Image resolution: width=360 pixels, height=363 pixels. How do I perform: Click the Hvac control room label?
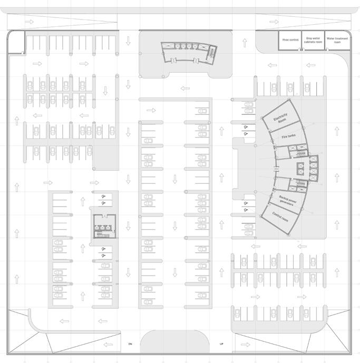click(290, 40)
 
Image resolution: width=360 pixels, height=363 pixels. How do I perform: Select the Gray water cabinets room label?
click(314, 40)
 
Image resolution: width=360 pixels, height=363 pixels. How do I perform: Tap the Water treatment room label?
click(337, 40)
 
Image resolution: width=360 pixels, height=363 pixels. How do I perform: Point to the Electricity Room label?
click(280, 119)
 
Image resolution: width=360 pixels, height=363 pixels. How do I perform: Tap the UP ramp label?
click(221, 344)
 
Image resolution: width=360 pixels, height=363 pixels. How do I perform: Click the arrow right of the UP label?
click(244, 345)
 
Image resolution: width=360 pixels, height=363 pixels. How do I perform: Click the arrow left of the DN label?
click(108, 345)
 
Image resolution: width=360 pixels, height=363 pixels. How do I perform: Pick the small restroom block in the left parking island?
click(104, 226)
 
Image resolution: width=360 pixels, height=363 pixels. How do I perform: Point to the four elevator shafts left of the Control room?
click(306, 169)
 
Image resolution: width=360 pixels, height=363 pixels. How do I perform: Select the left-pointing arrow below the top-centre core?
click(184, 88)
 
